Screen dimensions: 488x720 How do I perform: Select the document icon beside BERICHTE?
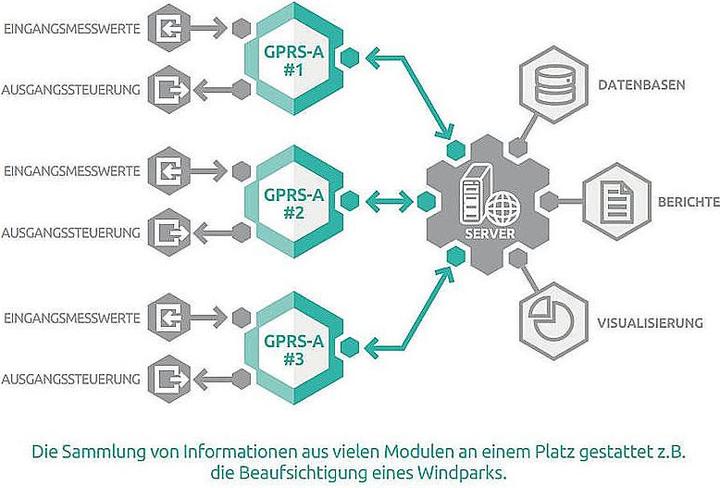(x=613, y=201)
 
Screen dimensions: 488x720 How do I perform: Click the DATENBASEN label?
(x=642, y=85)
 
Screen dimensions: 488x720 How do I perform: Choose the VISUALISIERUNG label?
(x=650, y=322)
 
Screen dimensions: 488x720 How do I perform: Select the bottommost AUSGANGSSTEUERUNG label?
(x=70, y=378)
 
